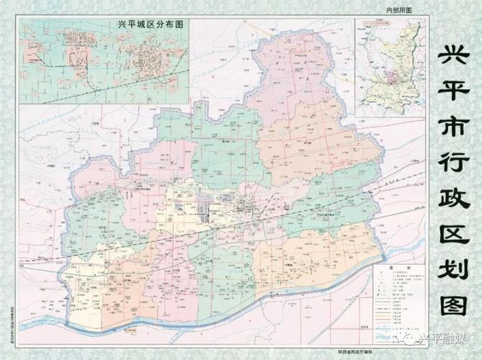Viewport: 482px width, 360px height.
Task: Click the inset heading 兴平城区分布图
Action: coord(151,24)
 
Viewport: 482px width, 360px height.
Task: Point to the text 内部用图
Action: coord(398,10)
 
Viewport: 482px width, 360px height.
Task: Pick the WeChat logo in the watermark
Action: coord(411,336)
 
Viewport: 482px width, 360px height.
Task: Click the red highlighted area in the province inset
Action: coord(393,76)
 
